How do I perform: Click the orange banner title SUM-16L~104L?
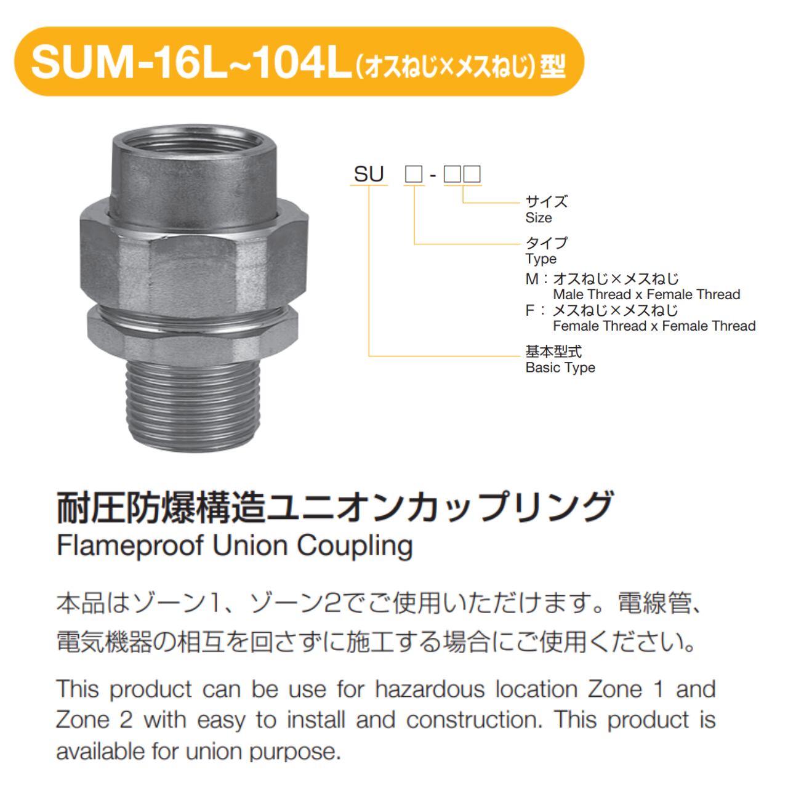[x=191, y=63]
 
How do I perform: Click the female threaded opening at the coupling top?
[x=195, y=144]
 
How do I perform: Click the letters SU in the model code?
[x=368, y=174]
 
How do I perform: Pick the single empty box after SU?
[x=414, y=175]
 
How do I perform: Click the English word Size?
[x=539, y=218]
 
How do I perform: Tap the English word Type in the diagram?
[x=541, y=259]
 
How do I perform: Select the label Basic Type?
[x=560, y=368]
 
